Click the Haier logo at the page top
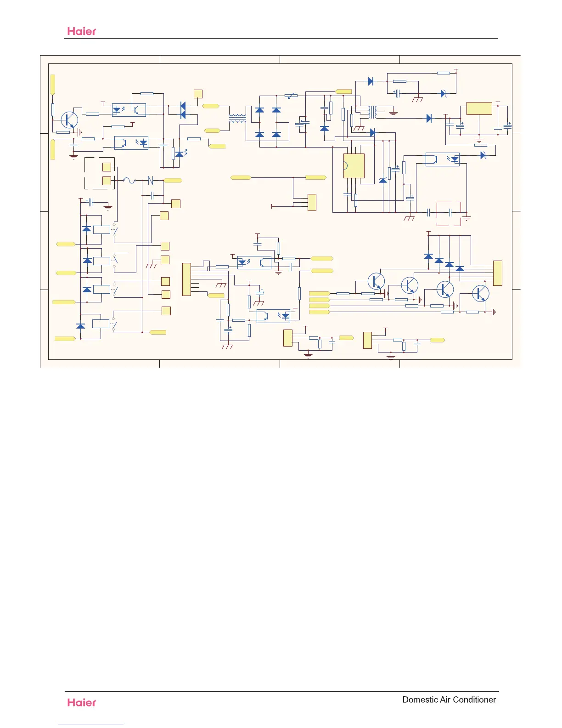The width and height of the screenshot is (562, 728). pyautogui.click(x=82, y=31)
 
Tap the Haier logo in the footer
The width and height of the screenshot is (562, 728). pyautogui.click(x=82, y=702)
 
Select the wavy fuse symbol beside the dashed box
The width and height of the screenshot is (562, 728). pyautogui.click(x=129, y=181)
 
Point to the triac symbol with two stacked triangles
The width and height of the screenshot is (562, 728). pyautogui.click(x=183, y=110)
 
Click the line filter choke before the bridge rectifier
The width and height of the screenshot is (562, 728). pyautogui.click(x=237, y=119)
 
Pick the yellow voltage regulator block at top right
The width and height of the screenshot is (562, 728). pyautogui.click(x=479, y=108)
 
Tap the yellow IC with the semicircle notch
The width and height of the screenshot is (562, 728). pyautogui.click(x=354, y=165)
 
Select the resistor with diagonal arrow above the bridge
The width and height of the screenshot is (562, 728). pyautogui.click(x=291, y=96)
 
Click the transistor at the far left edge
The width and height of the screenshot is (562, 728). pyautogui.click(x=69, y=119)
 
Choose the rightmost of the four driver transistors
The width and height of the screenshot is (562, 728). pyautogui.click(x=480, y=293)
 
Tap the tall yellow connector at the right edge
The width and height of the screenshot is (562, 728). pyautogui.click(x=497, y=273)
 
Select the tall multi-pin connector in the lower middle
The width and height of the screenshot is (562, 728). pyautogui.click(x=186, y=279)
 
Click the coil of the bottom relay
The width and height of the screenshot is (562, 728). pyautogui.click(x=101, y=324)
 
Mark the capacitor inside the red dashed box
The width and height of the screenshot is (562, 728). pyautogui.click(x=450, y=212)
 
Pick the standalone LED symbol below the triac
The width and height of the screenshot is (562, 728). pyautogui.click(x=180, y=154)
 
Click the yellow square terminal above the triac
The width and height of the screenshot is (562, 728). pyautogui.click(x=198, y=94)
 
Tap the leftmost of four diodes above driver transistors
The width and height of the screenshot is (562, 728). pyautogui.click(x=428, y=256)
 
